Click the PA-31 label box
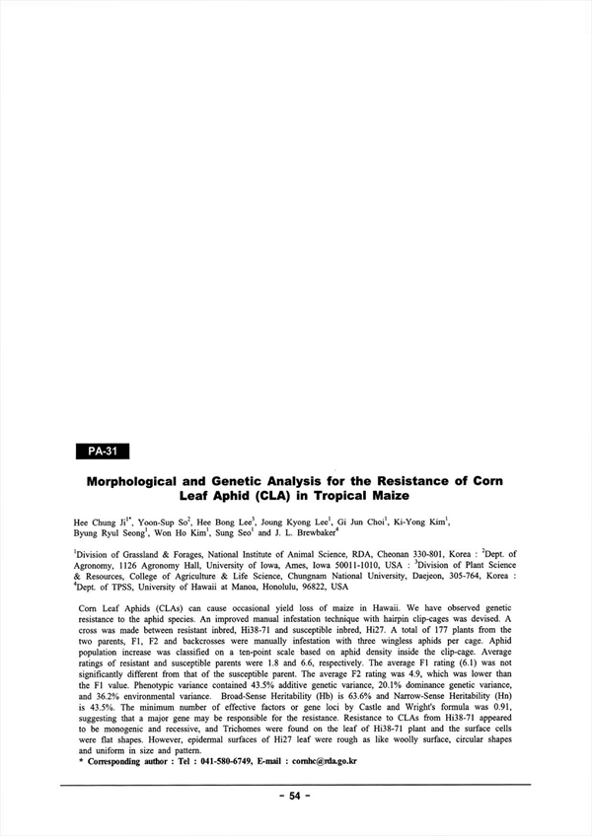[x=103, y=452]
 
